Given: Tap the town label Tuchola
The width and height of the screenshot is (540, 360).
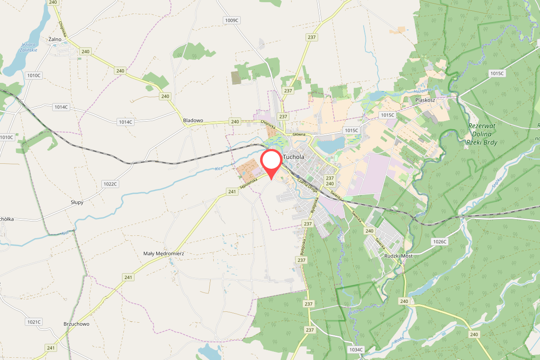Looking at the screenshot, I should click(293, 157).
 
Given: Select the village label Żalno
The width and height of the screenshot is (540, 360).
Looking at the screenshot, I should click(54, 39).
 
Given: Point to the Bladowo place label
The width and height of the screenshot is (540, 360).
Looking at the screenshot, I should click(193, 121).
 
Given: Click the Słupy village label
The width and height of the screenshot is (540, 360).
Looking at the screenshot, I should click(77, 202).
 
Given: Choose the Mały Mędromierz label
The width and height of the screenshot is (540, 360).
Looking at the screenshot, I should click(163, 253).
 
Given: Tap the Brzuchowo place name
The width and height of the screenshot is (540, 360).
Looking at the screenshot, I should click(76, 324).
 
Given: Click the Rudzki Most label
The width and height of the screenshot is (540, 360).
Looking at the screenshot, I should click(399, 256).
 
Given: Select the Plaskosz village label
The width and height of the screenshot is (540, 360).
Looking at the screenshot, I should click(425, 100).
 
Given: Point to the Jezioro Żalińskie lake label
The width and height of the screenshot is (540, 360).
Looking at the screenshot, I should click(29, 47).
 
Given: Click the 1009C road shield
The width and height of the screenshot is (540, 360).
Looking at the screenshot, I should click(231, 20).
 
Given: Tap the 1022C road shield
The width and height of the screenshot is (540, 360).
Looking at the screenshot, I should click(110, 184).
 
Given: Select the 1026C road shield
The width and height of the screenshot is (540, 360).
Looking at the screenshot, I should click(440, 242).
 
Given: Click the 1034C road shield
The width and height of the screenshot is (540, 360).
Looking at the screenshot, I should click(355, 349).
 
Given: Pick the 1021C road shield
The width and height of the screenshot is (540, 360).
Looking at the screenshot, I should click(34, 322).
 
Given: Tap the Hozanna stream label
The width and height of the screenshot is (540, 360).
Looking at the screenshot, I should click(422, 91).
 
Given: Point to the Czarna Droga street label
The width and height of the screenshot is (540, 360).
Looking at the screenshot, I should click(307, 185).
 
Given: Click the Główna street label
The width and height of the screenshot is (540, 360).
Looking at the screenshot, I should click(299, 134).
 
